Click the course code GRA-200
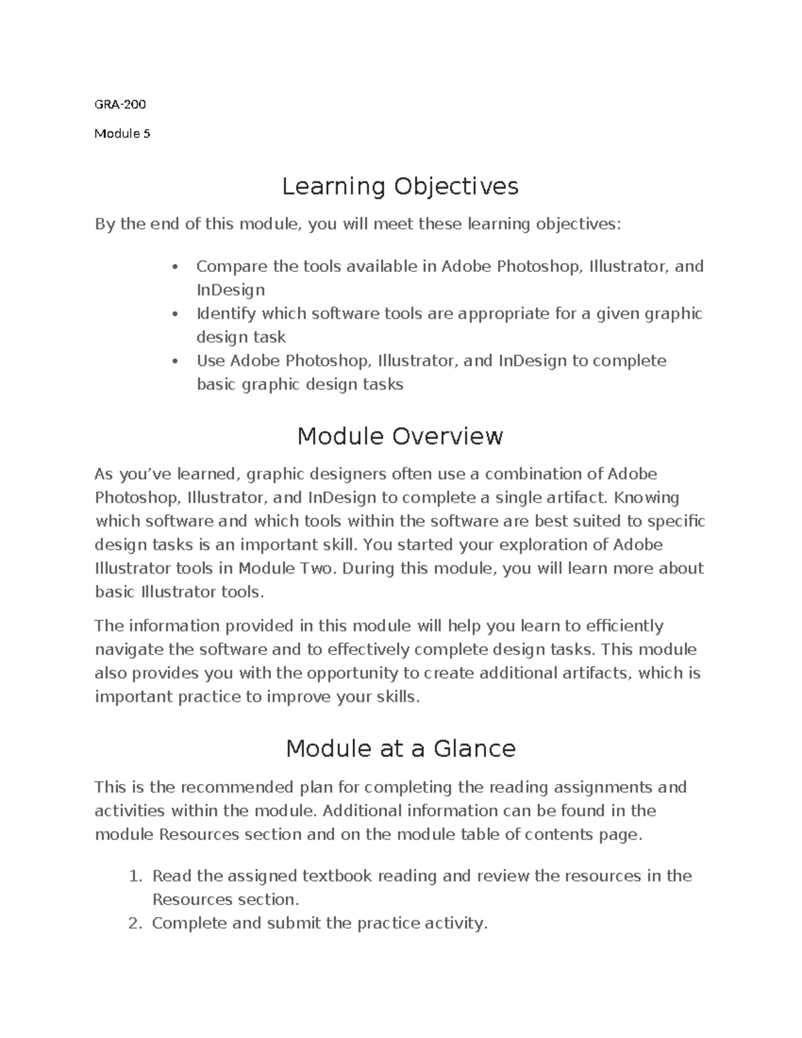tap(120, 104)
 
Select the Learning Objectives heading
tap(400, 186)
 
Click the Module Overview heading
tap(400, 436)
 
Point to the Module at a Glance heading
tap(400, 749)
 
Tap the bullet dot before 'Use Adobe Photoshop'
tap(175, 362)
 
